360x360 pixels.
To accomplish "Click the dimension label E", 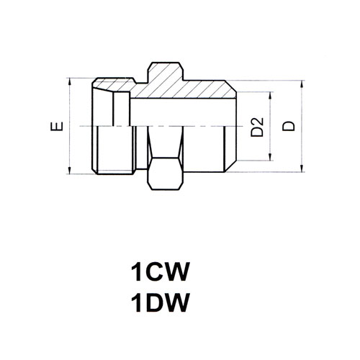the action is coord(57,127).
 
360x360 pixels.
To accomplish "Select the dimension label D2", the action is coord(257,127).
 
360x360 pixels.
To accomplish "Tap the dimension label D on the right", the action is coord(288,126).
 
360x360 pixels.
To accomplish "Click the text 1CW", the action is coord(159,271).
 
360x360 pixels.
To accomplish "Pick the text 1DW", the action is coord(159,302).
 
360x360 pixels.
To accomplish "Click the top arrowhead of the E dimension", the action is coord(69,82).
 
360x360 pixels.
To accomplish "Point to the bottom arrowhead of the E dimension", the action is coord(69,170).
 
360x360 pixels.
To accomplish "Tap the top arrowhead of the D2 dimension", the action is coord(271,96).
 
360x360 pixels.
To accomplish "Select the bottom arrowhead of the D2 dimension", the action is coord(271,157).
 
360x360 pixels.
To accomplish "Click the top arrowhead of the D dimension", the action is coord(302,84).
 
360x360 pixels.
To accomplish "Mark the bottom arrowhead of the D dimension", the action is coord(302,168).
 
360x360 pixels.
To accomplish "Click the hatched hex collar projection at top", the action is coord(165,72).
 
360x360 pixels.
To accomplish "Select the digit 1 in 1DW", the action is coord(136,302).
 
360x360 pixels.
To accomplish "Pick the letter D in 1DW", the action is coord(153,302).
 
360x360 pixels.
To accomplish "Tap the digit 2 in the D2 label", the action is coord(257,122).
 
